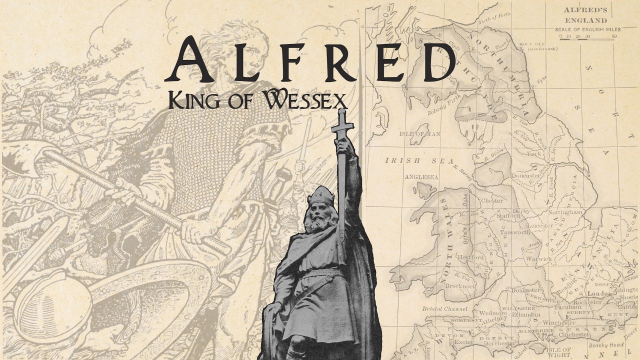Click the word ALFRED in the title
pyautogui.click(x=310, y=60)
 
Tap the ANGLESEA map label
pyautogui.click(x=421, y=177)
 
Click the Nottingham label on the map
pyautogui.click(x=565, y=212)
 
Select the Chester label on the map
pyautogui.click(x=491, y=201)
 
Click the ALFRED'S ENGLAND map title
pyautogui.click(x=585, y=15)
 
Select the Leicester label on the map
pyautogui.click(x=540, y=225)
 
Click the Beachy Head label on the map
pyautogui.click(x=606, y=345)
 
